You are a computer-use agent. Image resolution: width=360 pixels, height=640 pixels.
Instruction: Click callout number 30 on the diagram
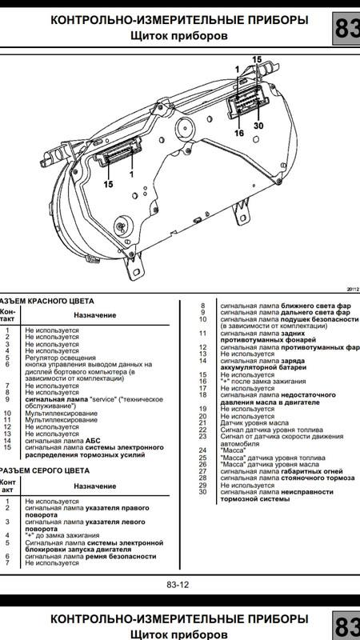258,126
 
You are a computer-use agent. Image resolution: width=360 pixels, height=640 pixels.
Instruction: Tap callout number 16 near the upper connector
238,133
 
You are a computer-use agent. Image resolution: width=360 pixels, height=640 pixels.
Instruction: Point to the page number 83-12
178,585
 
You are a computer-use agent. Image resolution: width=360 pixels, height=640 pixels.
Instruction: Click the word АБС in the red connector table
93,441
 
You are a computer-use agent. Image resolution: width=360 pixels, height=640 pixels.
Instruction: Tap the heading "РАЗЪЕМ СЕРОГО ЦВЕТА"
45,470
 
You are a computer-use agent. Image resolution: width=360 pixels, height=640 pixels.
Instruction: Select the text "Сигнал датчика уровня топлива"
272,430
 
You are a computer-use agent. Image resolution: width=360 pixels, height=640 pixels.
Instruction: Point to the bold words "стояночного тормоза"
318,478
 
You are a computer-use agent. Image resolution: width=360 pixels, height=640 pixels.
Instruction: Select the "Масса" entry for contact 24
233,450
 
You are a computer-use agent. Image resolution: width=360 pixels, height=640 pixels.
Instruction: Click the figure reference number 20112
353,289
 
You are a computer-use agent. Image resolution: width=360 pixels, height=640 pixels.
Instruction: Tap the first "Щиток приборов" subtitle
179,35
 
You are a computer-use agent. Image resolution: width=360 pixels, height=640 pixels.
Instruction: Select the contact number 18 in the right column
203,395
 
